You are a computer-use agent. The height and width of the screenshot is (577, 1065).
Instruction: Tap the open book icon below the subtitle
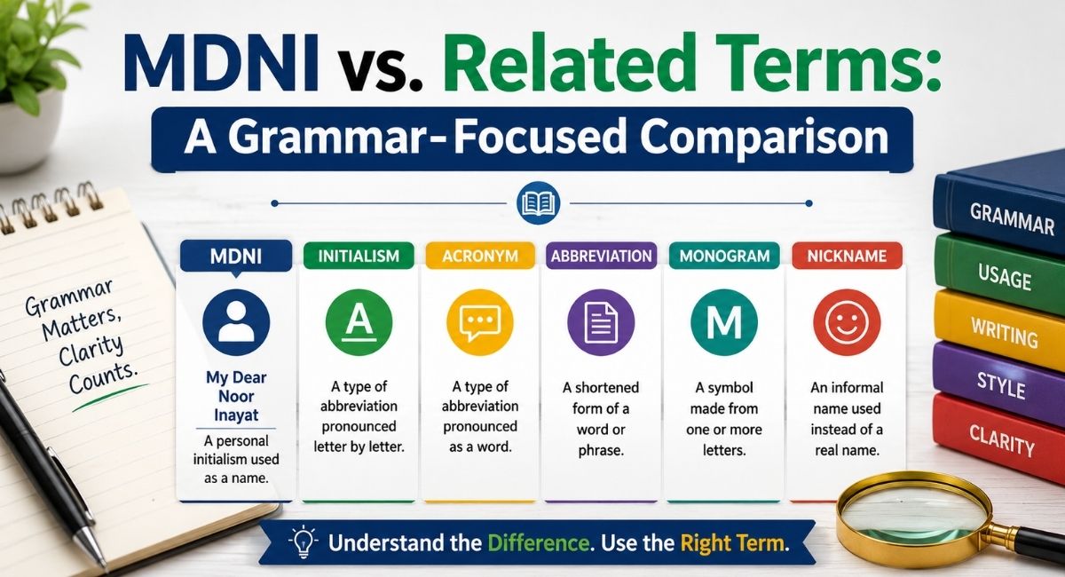point(538,203)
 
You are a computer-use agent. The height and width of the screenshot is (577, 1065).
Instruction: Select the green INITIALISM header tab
point(359,256)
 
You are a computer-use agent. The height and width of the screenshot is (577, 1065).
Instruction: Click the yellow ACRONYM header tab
point(480,256)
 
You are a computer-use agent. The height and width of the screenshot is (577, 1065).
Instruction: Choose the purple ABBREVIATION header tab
point(602,256)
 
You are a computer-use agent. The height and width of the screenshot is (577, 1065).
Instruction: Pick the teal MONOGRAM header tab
point(724,256)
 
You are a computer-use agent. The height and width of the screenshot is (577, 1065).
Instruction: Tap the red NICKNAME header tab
point(847,256)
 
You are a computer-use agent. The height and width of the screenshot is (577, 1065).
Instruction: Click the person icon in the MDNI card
point(236,322)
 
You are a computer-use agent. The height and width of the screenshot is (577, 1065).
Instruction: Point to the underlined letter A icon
point(359,322)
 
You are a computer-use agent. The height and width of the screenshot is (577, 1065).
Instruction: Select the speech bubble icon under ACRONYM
point(480,322)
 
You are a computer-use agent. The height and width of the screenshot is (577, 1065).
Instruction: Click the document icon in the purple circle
point(601,323)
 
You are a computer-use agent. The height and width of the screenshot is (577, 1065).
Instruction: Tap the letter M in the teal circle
point(724,322)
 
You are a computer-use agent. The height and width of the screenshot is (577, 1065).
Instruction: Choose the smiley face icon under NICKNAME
point(847,322)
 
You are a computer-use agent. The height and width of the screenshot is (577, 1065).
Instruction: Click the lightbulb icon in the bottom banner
point(304,541)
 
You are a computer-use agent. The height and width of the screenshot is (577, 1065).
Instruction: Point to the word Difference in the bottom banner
point(540,542)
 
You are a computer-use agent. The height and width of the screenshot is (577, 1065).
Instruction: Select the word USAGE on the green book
point(1005,277)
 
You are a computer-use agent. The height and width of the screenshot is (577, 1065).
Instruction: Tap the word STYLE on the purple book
point(1001,385)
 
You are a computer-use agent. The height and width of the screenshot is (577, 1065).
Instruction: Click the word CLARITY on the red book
point(1002,440)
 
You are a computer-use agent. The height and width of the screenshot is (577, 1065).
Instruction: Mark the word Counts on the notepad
point(102,379)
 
